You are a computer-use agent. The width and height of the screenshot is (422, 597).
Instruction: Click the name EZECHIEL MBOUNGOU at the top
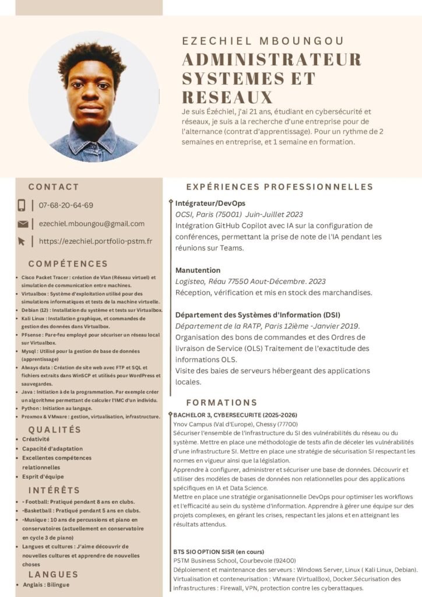tap(263, 41)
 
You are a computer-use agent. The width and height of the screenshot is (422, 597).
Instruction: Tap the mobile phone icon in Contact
tap(22, 205)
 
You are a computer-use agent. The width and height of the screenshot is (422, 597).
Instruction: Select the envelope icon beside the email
tap(23, 224)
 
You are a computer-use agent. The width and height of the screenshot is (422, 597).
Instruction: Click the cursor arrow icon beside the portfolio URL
tap(22, 241)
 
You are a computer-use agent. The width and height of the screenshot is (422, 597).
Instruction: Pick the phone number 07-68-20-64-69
tap(66, 205)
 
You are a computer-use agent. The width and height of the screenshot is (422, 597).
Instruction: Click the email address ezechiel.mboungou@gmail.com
tap(92, 223)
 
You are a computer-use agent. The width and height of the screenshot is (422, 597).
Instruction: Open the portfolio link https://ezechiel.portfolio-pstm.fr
tap(96, 241)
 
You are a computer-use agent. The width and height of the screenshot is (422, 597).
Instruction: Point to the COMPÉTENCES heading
tap(68, 264)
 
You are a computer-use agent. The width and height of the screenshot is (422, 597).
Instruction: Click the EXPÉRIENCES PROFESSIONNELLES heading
tap(279, 187)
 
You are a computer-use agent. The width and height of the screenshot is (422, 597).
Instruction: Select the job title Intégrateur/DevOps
tap(210, 203)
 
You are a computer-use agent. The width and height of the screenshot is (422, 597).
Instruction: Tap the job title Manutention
tap(198, 270)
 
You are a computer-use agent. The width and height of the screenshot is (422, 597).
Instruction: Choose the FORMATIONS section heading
tap(221, 403)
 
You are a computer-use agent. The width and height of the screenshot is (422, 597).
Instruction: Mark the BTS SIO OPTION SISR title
tap(219, 551)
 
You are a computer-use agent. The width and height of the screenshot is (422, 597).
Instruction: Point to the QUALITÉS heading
tap(55, 430)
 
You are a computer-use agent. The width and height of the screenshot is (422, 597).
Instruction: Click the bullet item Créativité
tap(36, 439)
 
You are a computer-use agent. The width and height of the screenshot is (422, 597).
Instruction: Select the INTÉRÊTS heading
tap(54, 490)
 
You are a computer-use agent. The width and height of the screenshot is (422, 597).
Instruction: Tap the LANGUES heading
tap(54, 575)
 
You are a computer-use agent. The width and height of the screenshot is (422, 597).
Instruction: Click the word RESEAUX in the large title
tap(227, 97)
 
